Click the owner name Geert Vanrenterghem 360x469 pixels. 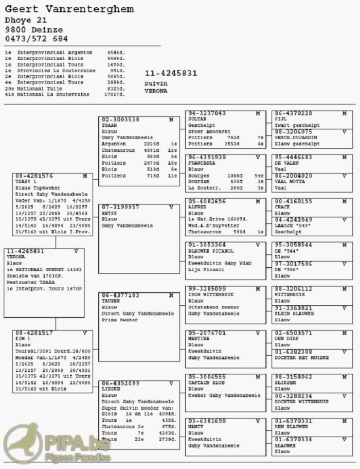pos(69,9)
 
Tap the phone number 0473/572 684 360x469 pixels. pos(36,39)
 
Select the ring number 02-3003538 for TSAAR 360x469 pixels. pos(120,119)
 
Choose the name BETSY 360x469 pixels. pos(110,213)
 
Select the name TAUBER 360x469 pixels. pos(111,302)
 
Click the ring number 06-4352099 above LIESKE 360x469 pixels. pos(120,383)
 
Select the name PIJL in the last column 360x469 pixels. pos(280,119)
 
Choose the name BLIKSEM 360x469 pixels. pos(284,383)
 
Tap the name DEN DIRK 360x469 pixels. pos(286,339)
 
